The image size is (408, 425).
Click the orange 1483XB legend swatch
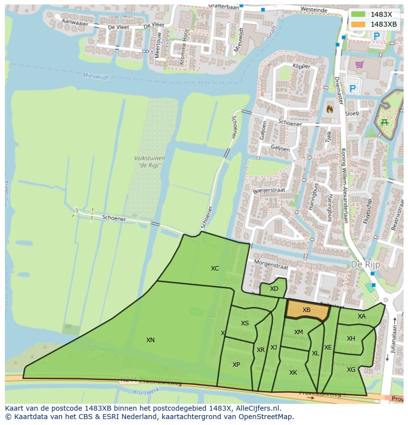(x=358, y=24)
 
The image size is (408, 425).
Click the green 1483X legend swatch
(x=358, y=14)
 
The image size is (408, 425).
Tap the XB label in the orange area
(x=306, y=310)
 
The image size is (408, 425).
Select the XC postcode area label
(x=215, y=269)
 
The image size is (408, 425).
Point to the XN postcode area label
(x=150, y=340)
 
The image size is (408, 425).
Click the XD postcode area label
(x=274, y=289)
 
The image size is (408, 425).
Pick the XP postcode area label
(x=236, y=364)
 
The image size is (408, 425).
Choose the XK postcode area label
(x=293, y=372)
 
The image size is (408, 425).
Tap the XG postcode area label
(x=351, y=369)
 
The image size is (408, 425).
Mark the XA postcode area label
(x=362, y=316)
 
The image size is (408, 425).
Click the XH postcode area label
(x=351, y=339)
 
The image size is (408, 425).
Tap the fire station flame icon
(x=330, y=108)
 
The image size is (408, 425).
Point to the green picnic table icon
(x=384, y=122)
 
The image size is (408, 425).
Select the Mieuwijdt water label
(x=95, y=76)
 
